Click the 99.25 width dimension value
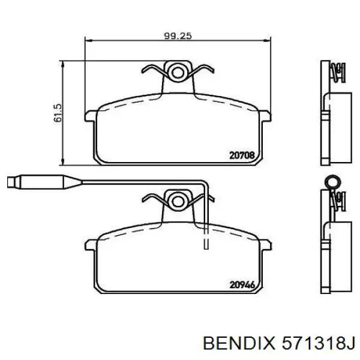pos(178,36)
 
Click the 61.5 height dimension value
pos(58,113)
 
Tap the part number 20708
pos(242,155)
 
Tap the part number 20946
pos(242,285)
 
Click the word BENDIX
pos(239,343)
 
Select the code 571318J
pos(319,343)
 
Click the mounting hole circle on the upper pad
pos(177,73)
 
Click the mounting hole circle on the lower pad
pos(177,202)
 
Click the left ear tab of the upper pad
pos(91,116)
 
